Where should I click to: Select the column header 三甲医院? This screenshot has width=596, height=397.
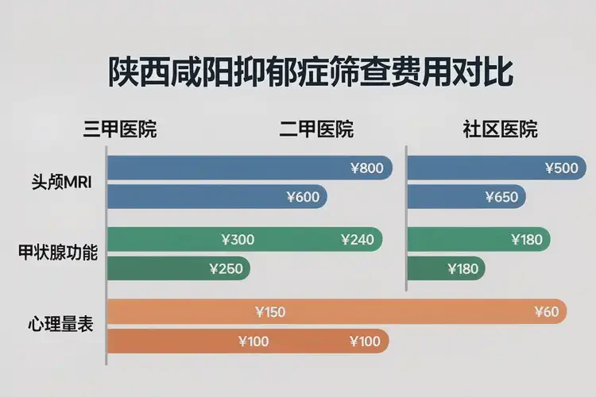(x=120, y=129)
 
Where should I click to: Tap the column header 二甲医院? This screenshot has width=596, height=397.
(x=316, y=129)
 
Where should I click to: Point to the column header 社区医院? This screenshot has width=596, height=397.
(x=500, y=129)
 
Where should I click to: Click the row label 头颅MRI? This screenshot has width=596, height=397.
(x=56, y=181)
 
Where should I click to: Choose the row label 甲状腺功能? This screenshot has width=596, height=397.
(x=58, y=254)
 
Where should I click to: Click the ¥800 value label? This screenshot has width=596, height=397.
(x=366, y=168)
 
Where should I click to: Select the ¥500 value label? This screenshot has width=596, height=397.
(x=561, y=168)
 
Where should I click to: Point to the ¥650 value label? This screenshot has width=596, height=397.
(x=501, y=197)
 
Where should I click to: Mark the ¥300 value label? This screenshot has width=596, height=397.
(x=238, y=239)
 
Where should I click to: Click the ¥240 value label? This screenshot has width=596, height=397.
(x=357, y=239)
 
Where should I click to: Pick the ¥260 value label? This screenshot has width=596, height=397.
(x=226, y=268)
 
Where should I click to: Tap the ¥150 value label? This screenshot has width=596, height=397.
(x=269, y=311)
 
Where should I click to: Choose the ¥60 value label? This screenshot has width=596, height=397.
(x=547, y=311)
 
